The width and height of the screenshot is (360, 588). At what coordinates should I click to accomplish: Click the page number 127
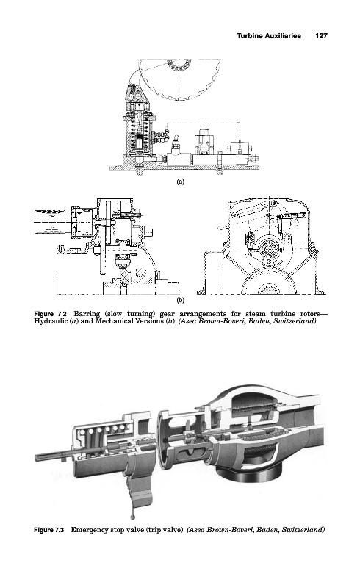[321, 35]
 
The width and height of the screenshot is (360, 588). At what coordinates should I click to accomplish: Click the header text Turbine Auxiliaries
[269, 35]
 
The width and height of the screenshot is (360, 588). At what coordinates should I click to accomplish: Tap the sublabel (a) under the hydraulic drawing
[181, 182]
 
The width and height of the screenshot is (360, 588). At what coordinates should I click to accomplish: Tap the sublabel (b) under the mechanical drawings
[181, 300]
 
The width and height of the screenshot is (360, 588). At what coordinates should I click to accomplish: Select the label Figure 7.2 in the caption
[50, 314]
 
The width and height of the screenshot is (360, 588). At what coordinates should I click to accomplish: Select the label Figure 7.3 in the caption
[49, 530]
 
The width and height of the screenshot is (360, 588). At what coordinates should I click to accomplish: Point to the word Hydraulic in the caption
[48, 321]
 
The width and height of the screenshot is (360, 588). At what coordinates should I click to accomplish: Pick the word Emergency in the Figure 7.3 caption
[89, 530]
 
